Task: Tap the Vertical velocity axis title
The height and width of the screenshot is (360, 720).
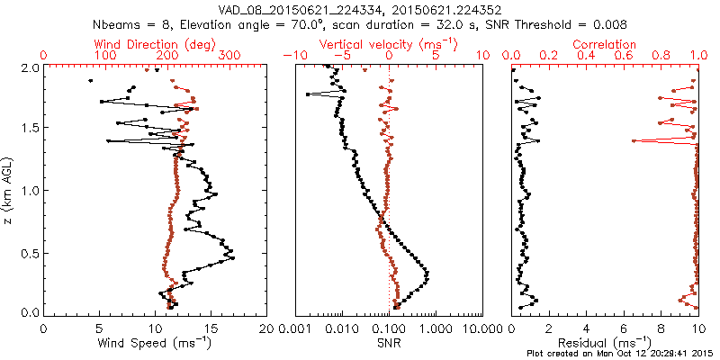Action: pos(388,44)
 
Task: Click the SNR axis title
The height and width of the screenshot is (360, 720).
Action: pos(389,343)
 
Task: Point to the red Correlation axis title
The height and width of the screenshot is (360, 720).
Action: pos(604,44)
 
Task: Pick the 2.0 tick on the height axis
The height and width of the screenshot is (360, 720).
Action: pos(29,67)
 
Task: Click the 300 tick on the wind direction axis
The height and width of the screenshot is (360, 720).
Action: pos(230,56)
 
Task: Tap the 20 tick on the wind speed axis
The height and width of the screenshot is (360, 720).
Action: pos(265,327)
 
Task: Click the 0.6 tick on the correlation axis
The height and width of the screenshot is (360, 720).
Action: pos(625,56)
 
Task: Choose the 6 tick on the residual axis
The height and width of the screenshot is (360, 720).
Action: pos(624,327)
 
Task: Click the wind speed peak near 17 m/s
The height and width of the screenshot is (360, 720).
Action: pos(233,259)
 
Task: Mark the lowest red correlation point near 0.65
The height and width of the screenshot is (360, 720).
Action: pos(634,141)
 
